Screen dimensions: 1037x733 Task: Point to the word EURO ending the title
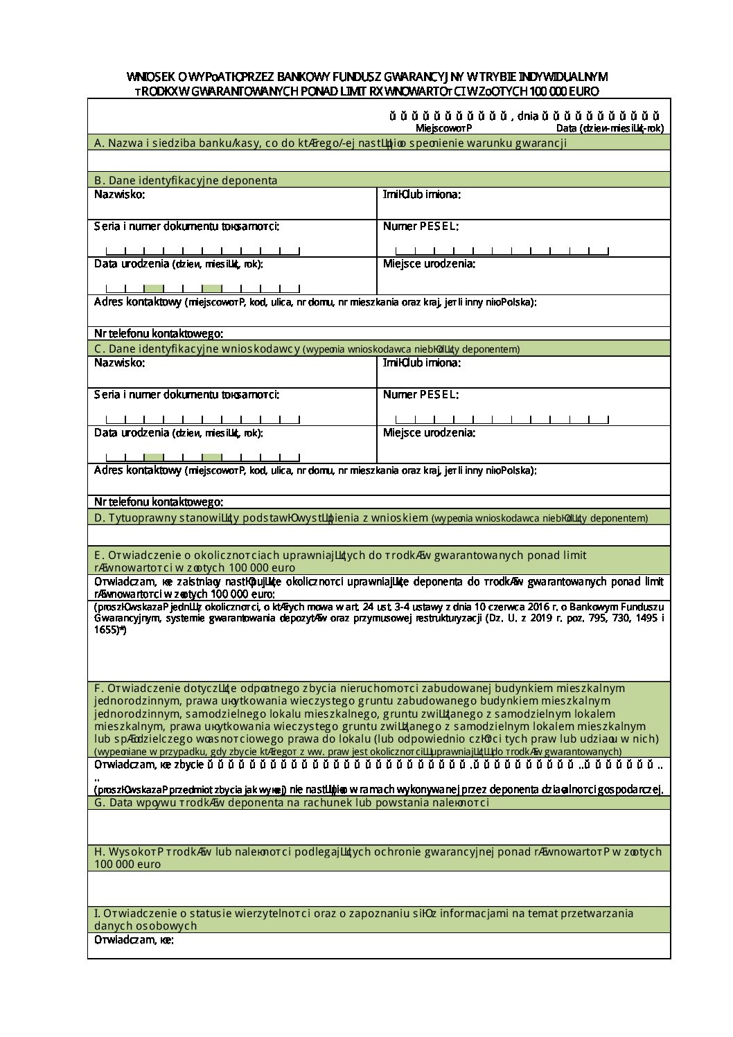[x=583, y=91]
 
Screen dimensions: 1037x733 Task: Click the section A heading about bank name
[x=330, y=143]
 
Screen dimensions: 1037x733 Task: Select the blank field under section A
[x=379, y=161]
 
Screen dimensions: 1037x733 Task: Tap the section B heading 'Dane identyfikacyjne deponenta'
[x=186, y=180]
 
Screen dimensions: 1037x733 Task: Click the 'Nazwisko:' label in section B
[x=120, y=194]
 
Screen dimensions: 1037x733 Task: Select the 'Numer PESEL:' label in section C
[x=421, y=395]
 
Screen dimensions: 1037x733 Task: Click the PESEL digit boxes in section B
[x=502, y=251]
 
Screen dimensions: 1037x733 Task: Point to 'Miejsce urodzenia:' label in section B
[x=429, y=264]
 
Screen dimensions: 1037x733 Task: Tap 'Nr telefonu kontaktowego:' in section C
[x=159, y=502]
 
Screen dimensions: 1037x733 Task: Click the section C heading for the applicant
[x=307, y=349]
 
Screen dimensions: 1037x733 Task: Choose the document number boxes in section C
[x=202, y=419]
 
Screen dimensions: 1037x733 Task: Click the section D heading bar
[x=379, y=517]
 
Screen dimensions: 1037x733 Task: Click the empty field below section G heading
[x=379, y=826]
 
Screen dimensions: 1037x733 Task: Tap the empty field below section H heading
[x=379, y=888]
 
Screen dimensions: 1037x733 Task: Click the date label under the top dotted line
[x=610, y=128]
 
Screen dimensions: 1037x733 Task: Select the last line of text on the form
[x=134, y=940]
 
